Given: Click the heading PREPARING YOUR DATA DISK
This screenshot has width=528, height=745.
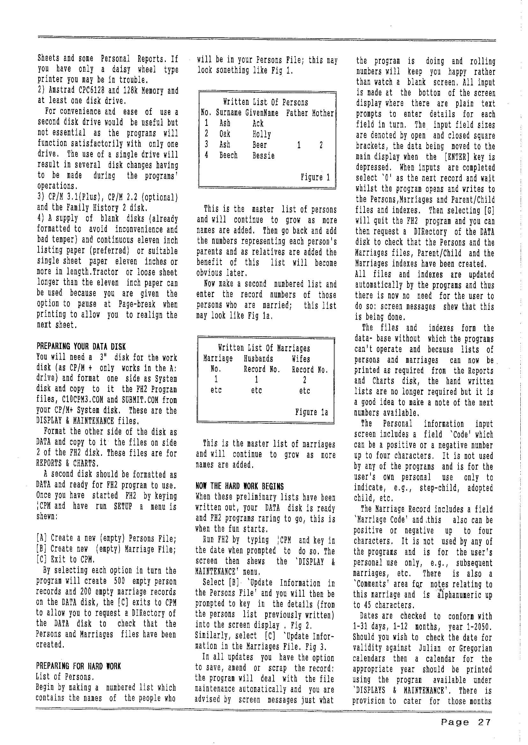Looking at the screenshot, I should tap(81, 347).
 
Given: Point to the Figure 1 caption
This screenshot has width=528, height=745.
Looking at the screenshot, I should tap(315, 177).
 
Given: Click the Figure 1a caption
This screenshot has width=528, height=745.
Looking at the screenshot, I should tap(311, 412).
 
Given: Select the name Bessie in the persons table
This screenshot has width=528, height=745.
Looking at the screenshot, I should tap(263, 156).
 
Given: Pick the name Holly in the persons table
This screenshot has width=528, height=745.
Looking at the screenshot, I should tap(261, 134).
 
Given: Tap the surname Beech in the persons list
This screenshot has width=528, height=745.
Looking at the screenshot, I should tap(228, 156).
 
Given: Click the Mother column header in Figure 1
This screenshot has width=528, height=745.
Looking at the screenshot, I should tap(323, 113).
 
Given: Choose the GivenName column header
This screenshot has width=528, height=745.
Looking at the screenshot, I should tap(262, 113).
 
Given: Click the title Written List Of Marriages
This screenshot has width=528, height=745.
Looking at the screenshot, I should tap(264, 348).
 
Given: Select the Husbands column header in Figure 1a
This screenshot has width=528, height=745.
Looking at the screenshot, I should tap(258, 359).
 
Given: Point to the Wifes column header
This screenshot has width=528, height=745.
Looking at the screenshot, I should tap(301, 359).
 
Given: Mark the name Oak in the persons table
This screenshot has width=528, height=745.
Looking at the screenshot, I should tap(225, 134).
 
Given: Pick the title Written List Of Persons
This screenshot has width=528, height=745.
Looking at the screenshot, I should tap(265, 102).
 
